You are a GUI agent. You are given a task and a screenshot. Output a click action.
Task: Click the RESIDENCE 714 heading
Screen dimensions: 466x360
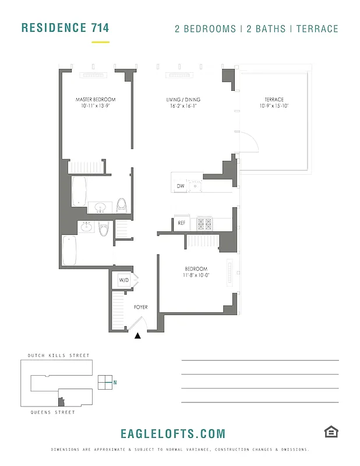[x=65, y=27]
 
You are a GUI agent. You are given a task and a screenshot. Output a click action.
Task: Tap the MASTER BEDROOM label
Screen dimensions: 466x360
[x=96, y=100]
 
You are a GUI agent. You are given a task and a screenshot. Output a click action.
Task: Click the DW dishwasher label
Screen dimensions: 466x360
[x=180, y=186]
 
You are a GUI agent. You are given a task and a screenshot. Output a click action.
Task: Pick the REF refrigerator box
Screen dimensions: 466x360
[x=181, y=223]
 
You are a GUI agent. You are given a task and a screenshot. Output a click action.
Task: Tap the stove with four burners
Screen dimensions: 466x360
[x=205, y=223]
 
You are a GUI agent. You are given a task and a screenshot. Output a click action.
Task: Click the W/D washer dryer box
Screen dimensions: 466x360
[x=124, y=280]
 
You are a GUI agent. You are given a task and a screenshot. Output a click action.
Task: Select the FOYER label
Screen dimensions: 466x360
[x=141, y=307]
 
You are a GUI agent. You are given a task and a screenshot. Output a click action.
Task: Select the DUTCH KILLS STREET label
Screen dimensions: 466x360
[x=59, y=355]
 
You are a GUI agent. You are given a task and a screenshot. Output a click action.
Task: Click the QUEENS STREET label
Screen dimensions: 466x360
[x=53, y=412]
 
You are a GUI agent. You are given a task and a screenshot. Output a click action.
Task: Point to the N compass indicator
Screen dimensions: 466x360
[x=115, y=382]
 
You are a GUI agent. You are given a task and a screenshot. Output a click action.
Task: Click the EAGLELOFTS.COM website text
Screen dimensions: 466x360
[x=172, y=434]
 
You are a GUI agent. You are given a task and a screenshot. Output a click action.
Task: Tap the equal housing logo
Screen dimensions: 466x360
[x=331, y=432]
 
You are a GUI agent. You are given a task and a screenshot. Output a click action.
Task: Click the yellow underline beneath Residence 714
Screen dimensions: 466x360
[x=100, y=42]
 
